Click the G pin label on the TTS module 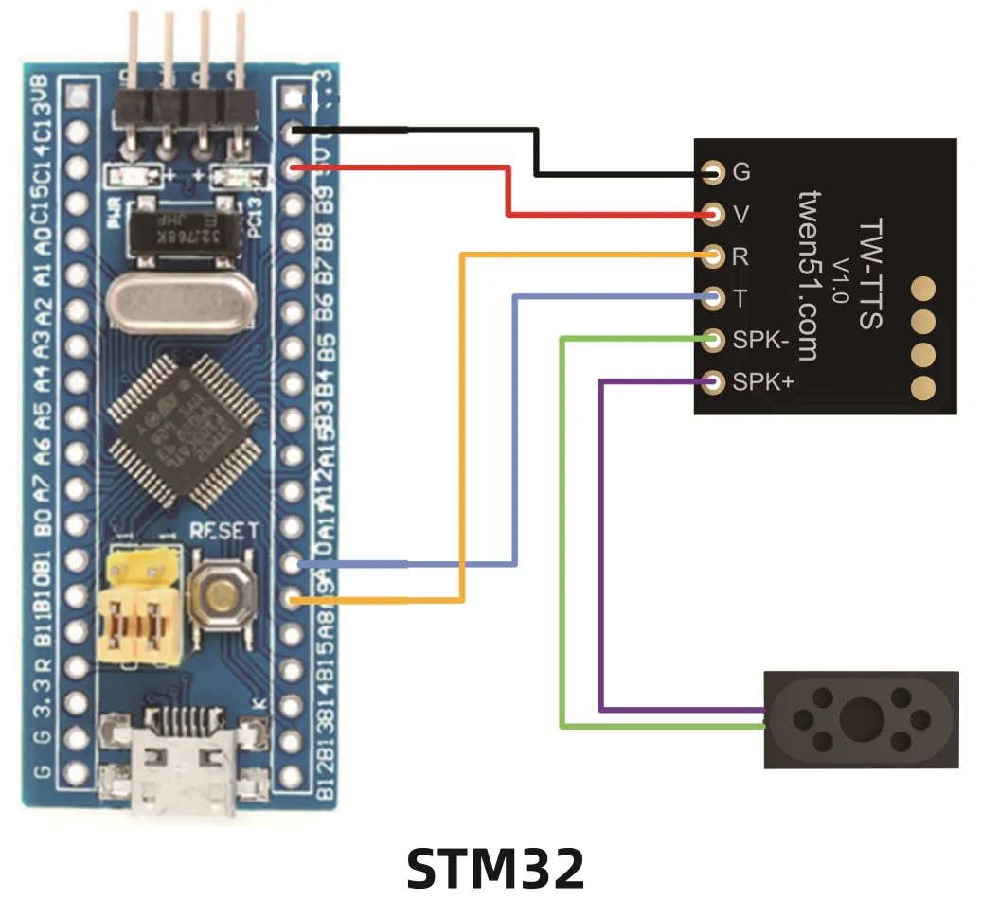(742, 173)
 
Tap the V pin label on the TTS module (741, 215)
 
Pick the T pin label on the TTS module (740, 299)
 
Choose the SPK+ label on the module (763, 382)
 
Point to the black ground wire (536, 151)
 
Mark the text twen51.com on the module (808, 274)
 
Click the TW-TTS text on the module (869, 274)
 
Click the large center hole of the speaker (862, 716)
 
